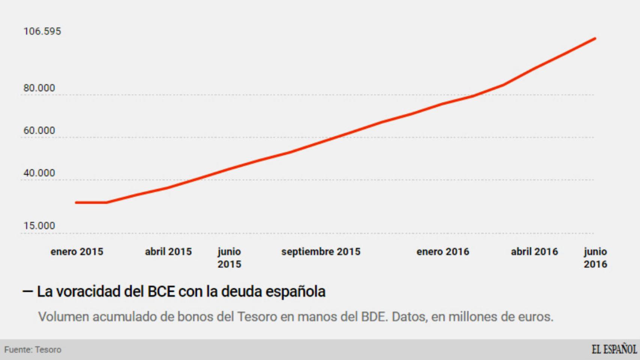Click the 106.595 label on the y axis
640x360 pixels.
[42, 31]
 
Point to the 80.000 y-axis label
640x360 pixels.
[39, 88]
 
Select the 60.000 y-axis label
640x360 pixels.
[39, 130]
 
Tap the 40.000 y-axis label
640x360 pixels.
[39, 173]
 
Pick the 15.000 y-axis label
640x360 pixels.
[39, 226]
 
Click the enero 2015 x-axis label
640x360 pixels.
[77, 252]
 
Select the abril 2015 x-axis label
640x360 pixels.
[168, 252]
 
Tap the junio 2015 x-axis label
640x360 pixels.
[229, 258]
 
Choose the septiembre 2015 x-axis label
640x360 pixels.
[321, 252]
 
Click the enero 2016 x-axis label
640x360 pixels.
[443, 252]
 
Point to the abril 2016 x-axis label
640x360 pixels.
[534, 252]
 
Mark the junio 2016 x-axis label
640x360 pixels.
[595, 258]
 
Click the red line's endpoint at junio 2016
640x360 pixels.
[595, 39]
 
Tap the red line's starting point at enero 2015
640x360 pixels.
[77, 202]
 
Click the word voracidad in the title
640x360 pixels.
[79, 292]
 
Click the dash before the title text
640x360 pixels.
[28, 291]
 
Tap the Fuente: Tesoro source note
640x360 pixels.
[33, 350]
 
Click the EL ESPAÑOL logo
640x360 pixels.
[614, 349]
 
